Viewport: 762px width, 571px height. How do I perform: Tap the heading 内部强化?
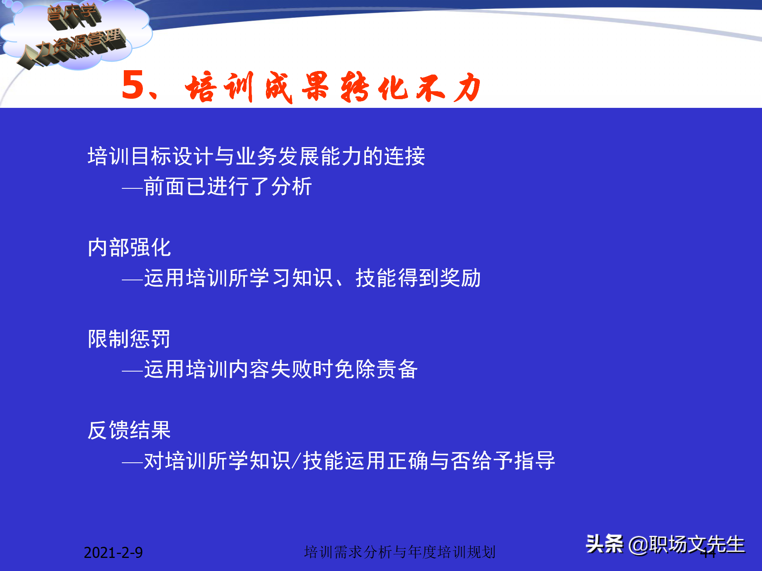pyautogui.click(x=129, y=248)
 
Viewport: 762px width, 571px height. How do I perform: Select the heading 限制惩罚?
pyautogui.click(x=129, y=339)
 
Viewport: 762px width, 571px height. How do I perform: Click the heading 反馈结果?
pyautogui.click(x=129, y=430)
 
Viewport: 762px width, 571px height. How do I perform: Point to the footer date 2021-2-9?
pyautogui.click(x=113, y=552)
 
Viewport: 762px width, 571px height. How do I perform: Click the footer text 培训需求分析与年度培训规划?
pyautogui.click(x=400, y=552)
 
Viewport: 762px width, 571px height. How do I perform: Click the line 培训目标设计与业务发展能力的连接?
pyautogui.click(x=256, y=156)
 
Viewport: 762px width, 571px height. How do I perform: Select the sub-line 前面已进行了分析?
pyautogui.click(x=228, y=186)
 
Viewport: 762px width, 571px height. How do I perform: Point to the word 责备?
pyautogui.click(x=397, y=369)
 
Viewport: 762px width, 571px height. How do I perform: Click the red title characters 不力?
pyautogui.click(x=448, y=87)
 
